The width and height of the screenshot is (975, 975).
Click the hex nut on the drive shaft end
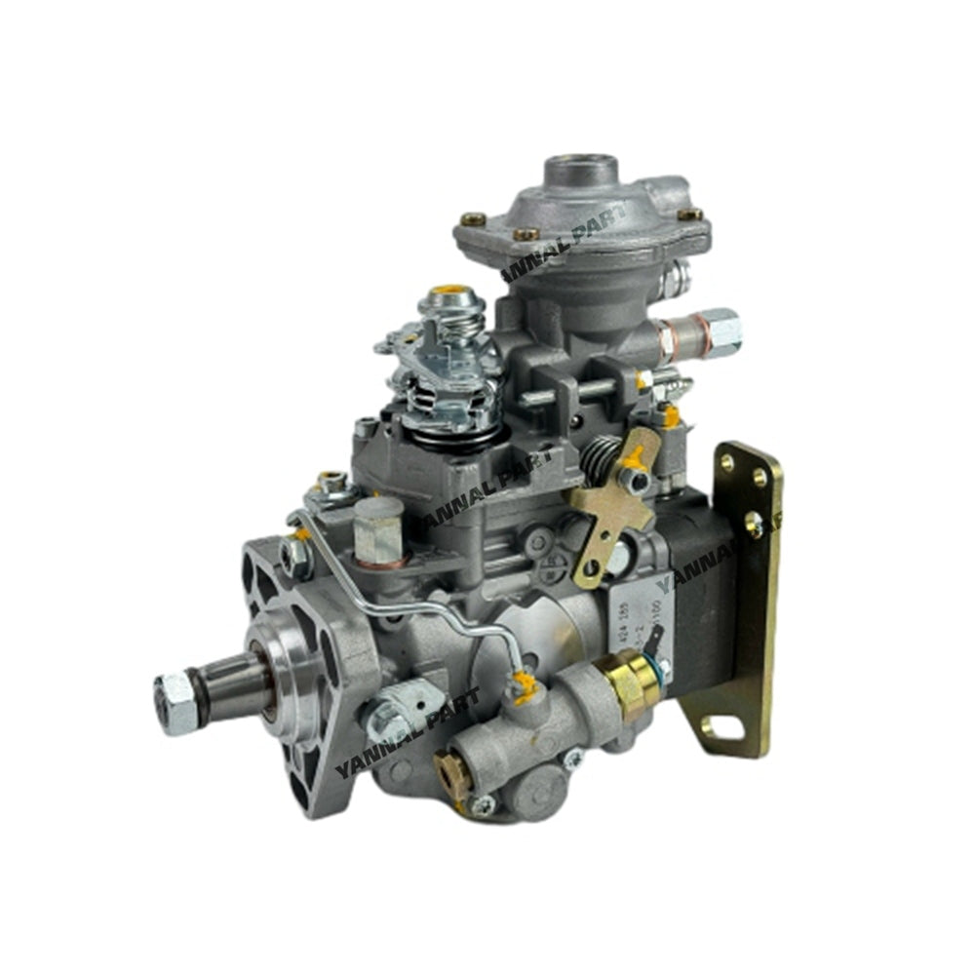[x=176, y=702]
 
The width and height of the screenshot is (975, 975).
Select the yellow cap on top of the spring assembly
[x=451, y=292]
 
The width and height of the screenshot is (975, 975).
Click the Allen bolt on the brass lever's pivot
[x=638, y=480]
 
